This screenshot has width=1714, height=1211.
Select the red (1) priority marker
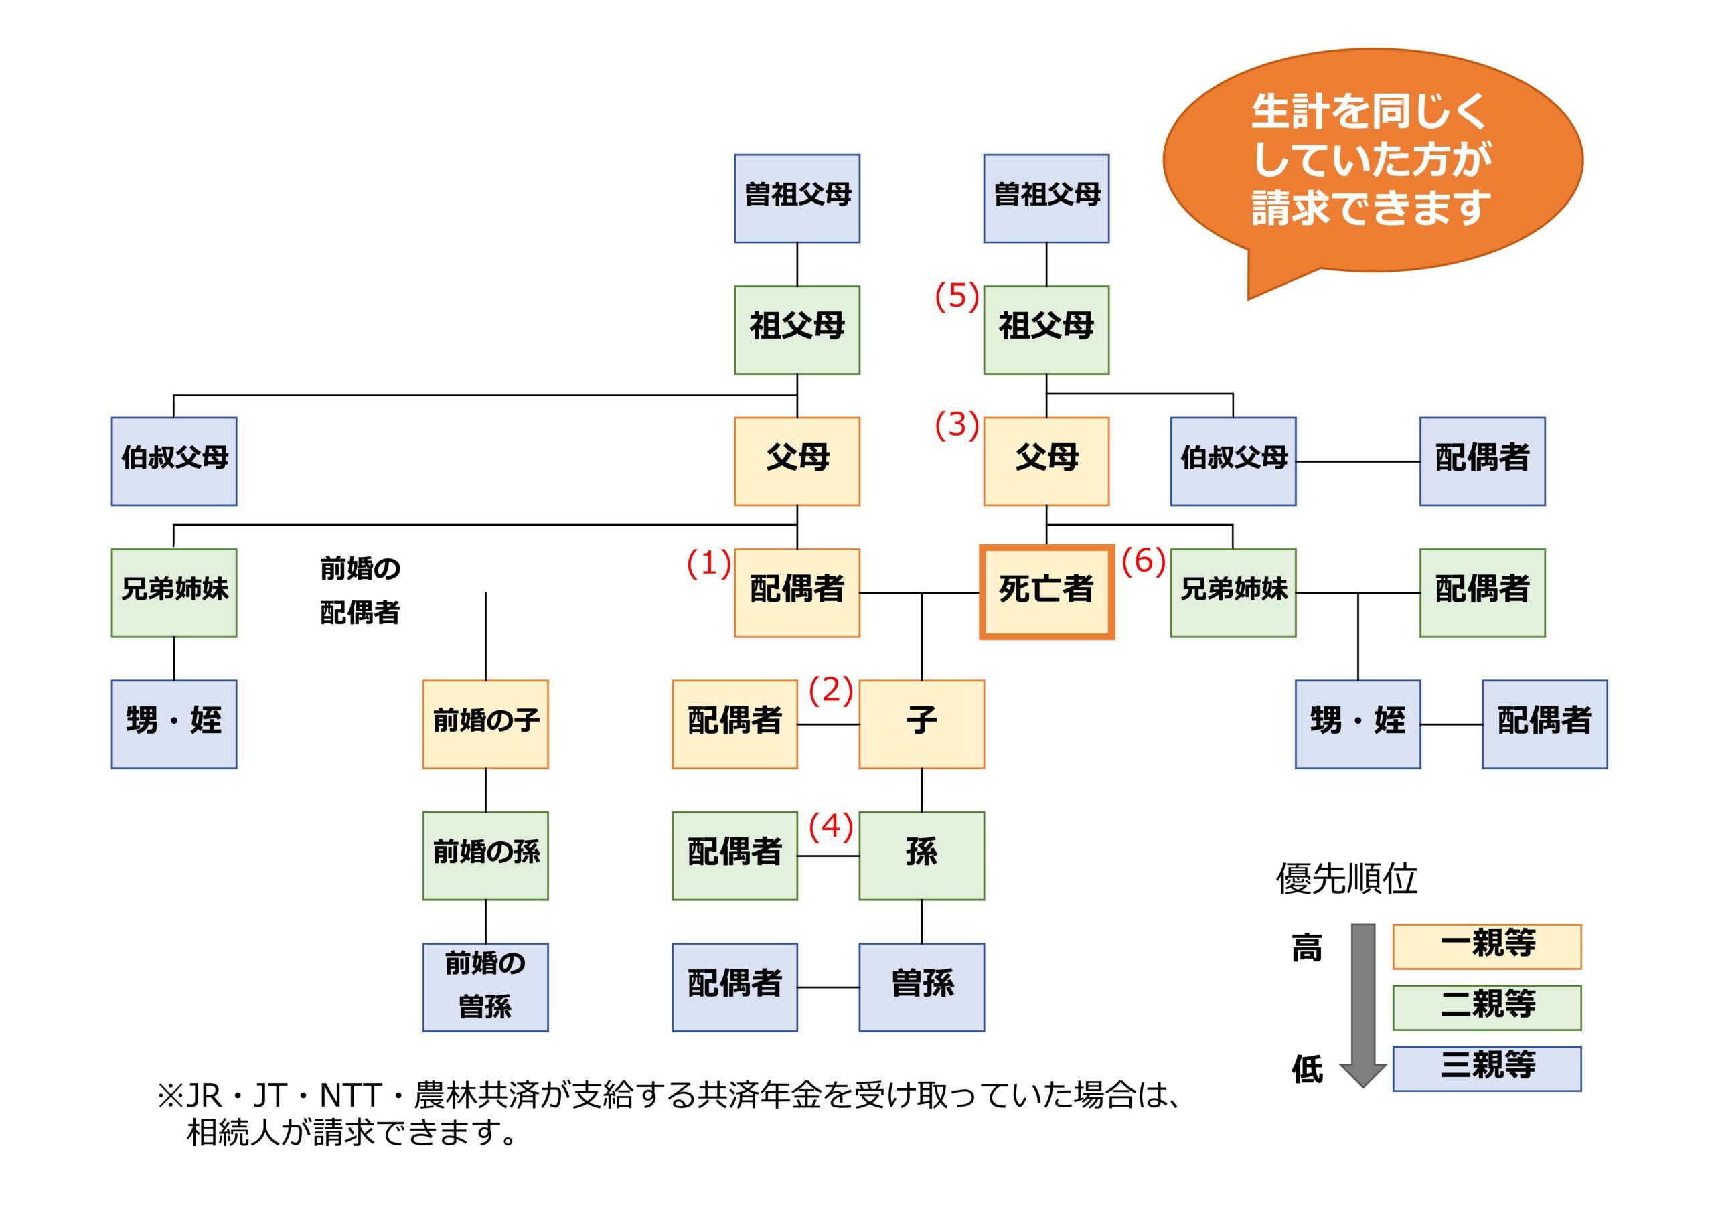[x=708, y=564]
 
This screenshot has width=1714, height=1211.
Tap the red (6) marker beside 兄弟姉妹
[x=1143, y=561]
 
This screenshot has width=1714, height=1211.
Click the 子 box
[x=921, y=724]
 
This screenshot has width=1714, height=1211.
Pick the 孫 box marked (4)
[x=921, y=855]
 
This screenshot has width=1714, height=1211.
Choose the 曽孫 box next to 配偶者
[x=921, y=986]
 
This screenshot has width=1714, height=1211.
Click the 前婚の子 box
[x=485, y=724]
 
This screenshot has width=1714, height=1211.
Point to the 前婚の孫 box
[x=485, y=855]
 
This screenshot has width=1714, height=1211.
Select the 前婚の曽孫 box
[x=485, y=986]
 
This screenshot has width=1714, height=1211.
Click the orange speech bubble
[x=1372, y=161]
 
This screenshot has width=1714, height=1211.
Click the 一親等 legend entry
[x=1486, y=946]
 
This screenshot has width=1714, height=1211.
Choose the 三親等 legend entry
[x=1486, y=1068]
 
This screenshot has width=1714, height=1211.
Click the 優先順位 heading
[x=1346, y=879]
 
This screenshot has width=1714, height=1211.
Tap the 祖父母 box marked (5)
[x=1046, y=329]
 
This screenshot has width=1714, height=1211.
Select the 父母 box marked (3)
[x=1046, y=461]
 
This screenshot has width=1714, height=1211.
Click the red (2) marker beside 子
[x=830, y=691]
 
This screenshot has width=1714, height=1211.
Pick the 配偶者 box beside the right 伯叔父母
[x=1482, y=461]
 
